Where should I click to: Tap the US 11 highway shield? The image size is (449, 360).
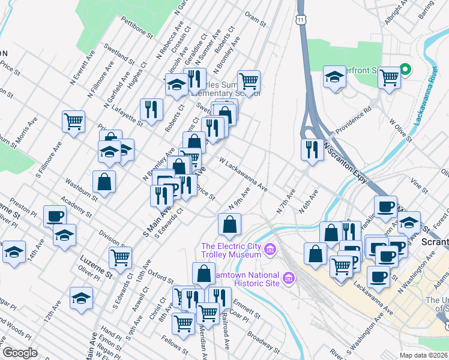pos(300,37)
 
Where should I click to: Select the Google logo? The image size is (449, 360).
pos(20,353)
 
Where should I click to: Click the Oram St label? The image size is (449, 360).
pos(255,20)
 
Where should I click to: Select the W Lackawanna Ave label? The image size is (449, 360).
pos(243,175)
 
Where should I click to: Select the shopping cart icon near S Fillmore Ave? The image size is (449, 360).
pos(73,121)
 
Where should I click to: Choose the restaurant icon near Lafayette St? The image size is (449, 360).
pos(150,109)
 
